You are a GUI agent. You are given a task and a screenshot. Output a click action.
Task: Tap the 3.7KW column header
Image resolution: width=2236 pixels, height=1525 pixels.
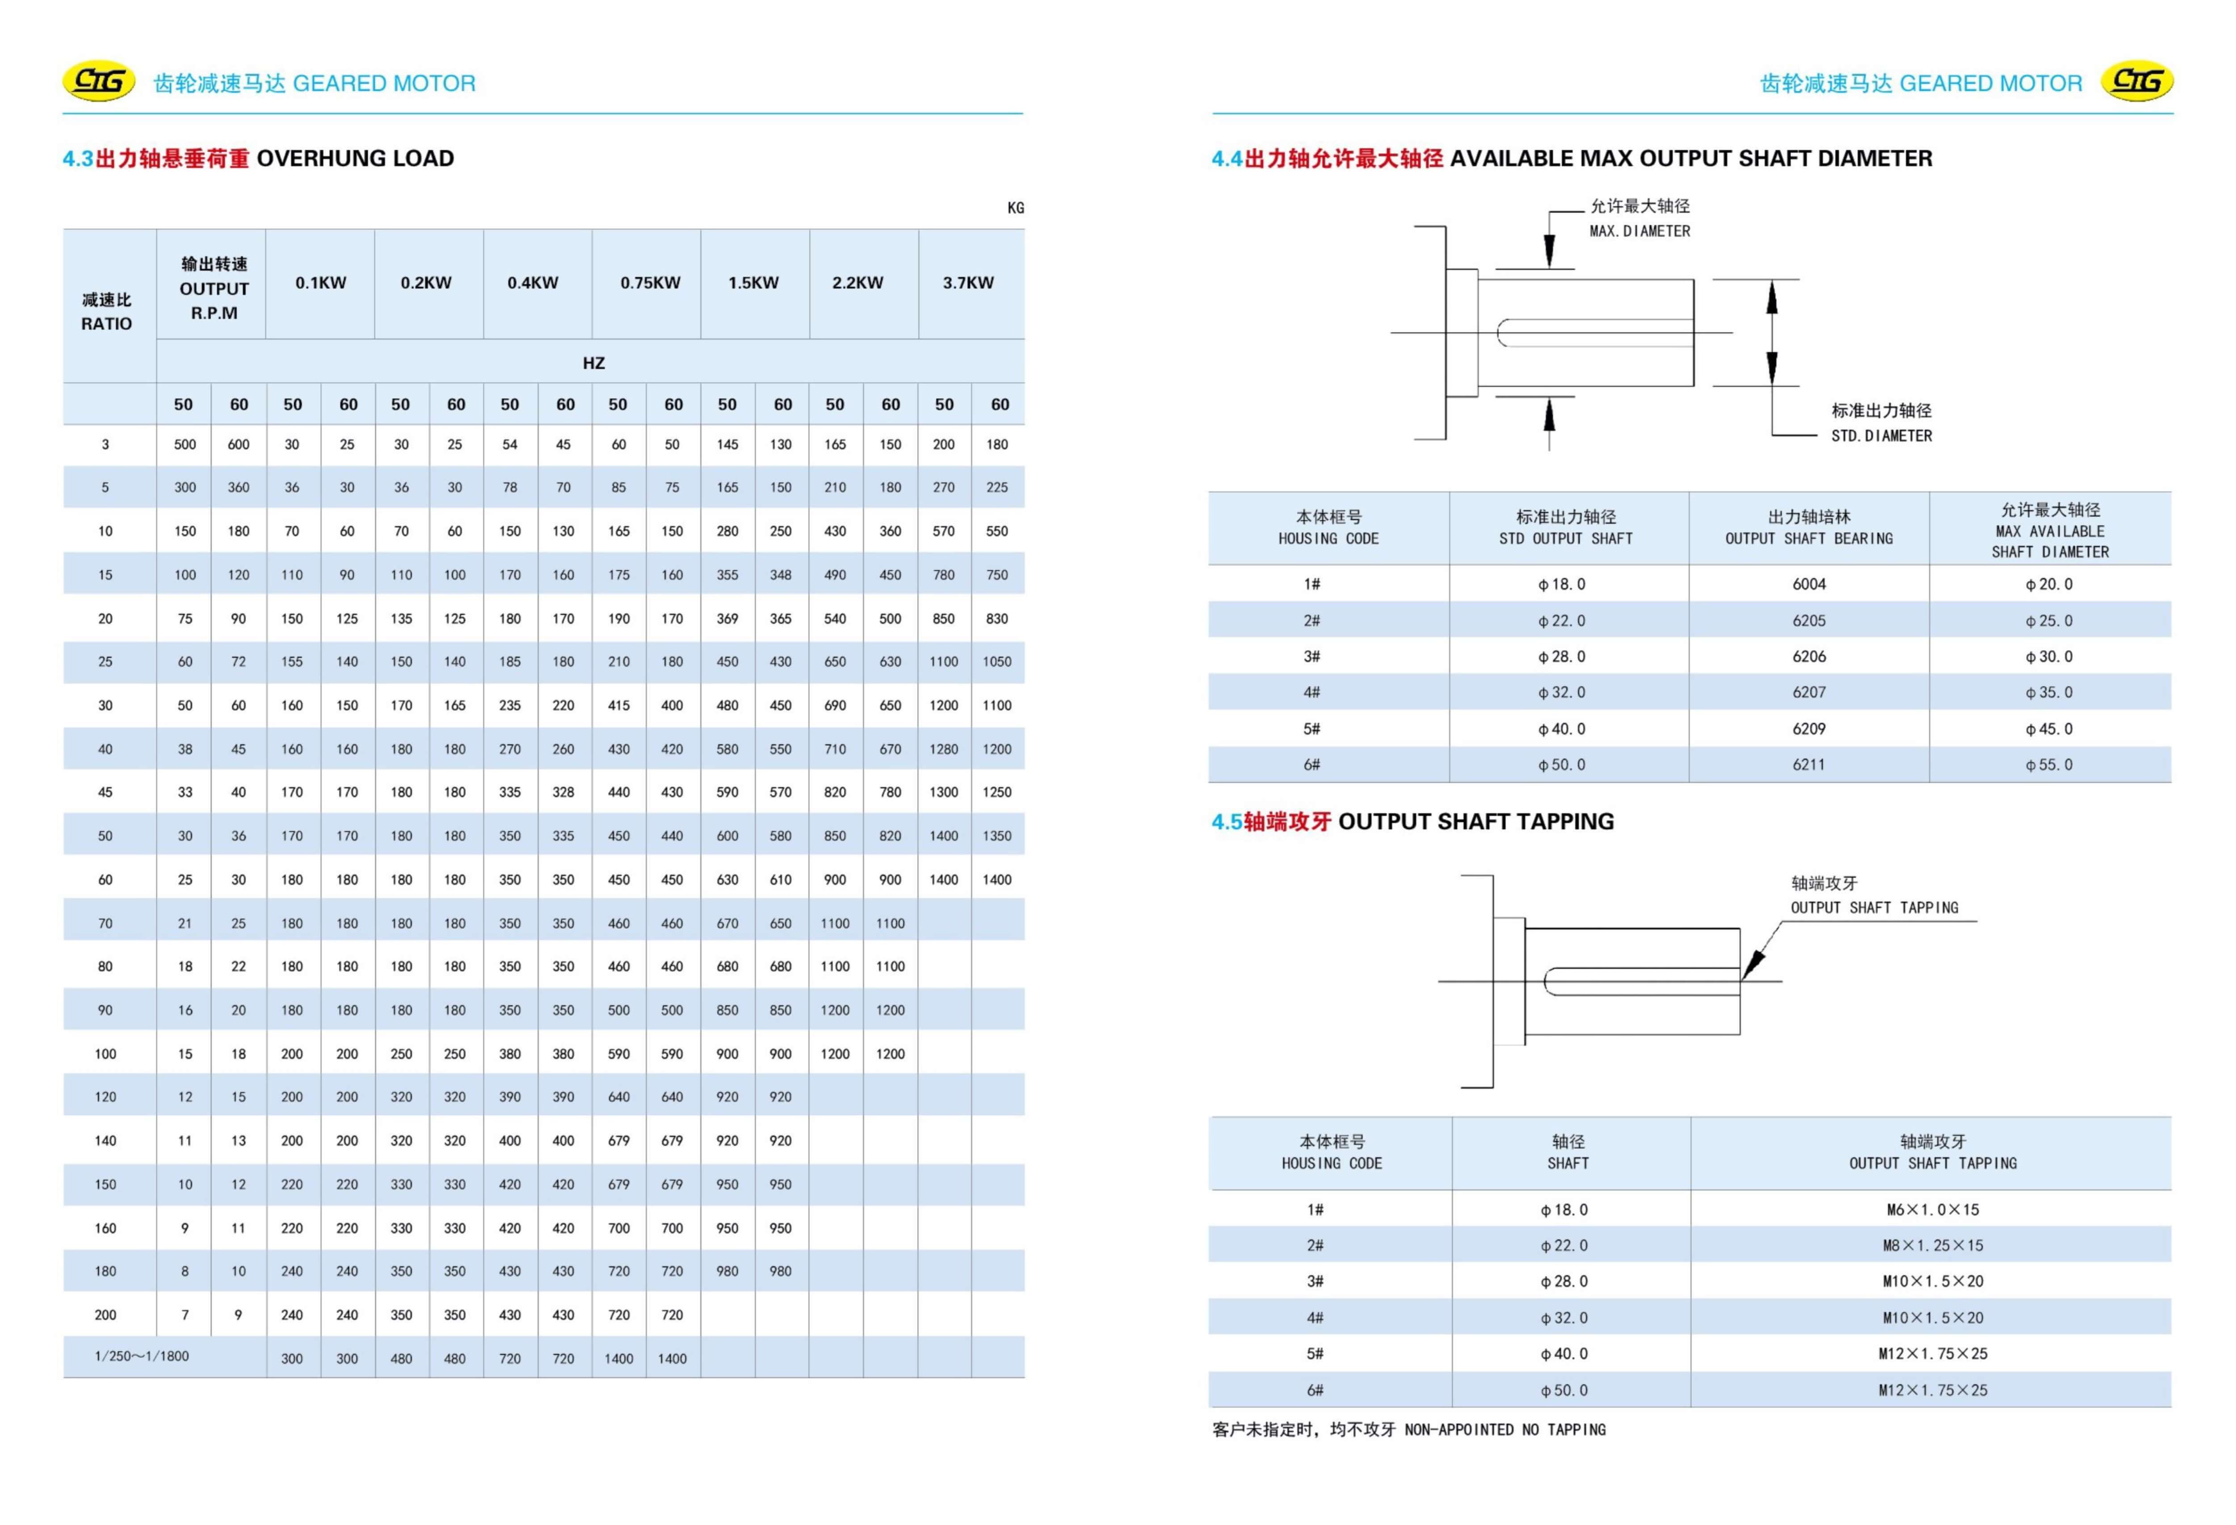tap(968, 283)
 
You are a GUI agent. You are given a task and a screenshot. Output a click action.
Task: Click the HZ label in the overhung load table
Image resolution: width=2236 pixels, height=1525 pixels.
tap(594, 363)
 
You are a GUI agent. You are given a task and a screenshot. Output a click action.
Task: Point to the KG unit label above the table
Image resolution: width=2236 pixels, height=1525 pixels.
tap(1015, 208)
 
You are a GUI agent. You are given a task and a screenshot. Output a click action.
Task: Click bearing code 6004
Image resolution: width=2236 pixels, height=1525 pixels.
tap(1809, 584)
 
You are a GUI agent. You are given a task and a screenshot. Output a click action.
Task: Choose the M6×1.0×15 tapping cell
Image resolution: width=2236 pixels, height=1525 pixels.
tap(1932, 1209)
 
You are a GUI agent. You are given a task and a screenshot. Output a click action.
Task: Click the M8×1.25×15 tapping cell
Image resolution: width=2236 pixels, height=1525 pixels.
tap(1932, 1245)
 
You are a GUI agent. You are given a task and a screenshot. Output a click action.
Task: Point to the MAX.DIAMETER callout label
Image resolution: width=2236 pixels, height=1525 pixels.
tap(1639, 231)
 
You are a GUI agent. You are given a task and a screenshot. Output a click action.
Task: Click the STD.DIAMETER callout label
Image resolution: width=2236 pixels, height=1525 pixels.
tap(1881, 436)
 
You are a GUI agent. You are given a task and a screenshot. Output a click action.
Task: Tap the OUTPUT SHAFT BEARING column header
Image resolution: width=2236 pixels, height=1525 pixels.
tap(1809, 528)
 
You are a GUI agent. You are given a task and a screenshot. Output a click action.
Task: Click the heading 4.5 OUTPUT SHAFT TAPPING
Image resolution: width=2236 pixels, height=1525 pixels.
tap(1412, 821)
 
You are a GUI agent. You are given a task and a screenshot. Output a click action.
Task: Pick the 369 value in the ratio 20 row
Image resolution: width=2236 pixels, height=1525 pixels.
tap(727, 619)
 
